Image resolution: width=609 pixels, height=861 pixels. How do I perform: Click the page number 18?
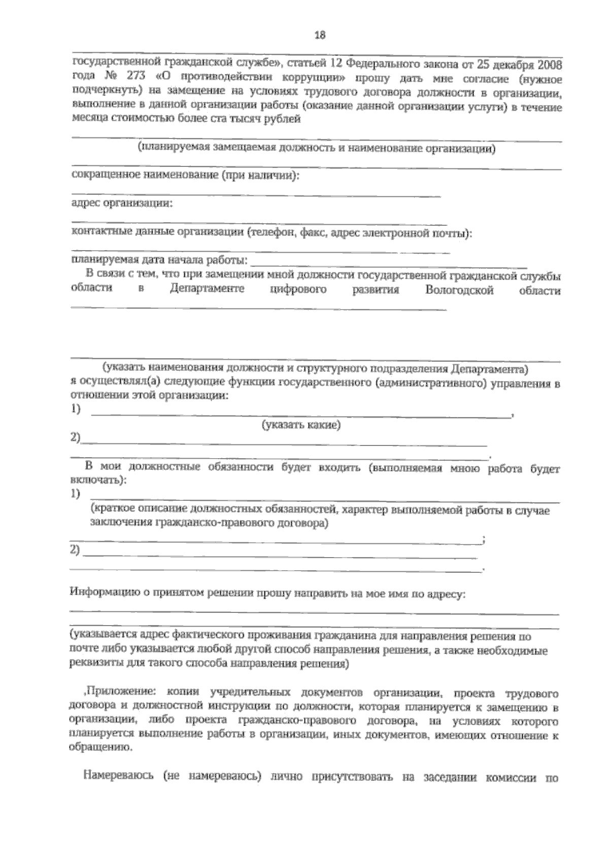pos(320,35)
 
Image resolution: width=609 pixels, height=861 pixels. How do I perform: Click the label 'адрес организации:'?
pos(121,203)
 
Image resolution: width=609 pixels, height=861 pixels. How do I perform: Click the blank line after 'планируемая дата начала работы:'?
pos(388,264)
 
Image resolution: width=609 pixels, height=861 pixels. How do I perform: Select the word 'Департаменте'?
pos(207,289)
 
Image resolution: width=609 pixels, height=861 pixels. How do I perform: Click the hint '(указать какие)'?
pos(300,426)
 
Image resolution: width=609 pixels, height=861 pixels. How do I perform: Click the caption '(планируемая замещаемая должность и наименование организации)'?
pos(316,149)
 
